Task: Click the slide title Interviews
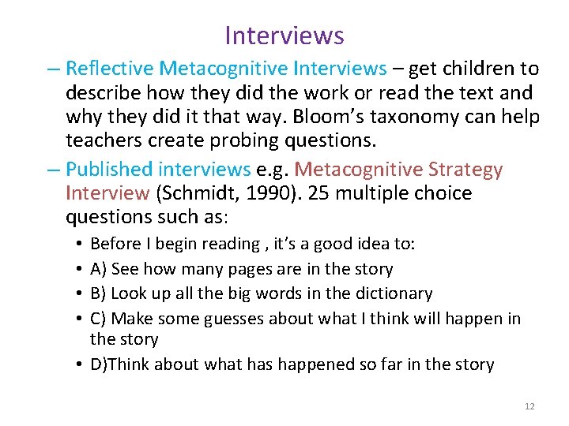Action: point(284,35)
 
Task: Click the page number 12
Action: point(529,405)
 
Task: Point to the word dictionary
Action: point(392,293)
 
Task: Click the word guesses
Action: point(235,319)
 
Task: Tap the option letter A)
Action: point(99,269)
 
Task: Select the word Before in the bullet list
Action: point(115,244)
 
